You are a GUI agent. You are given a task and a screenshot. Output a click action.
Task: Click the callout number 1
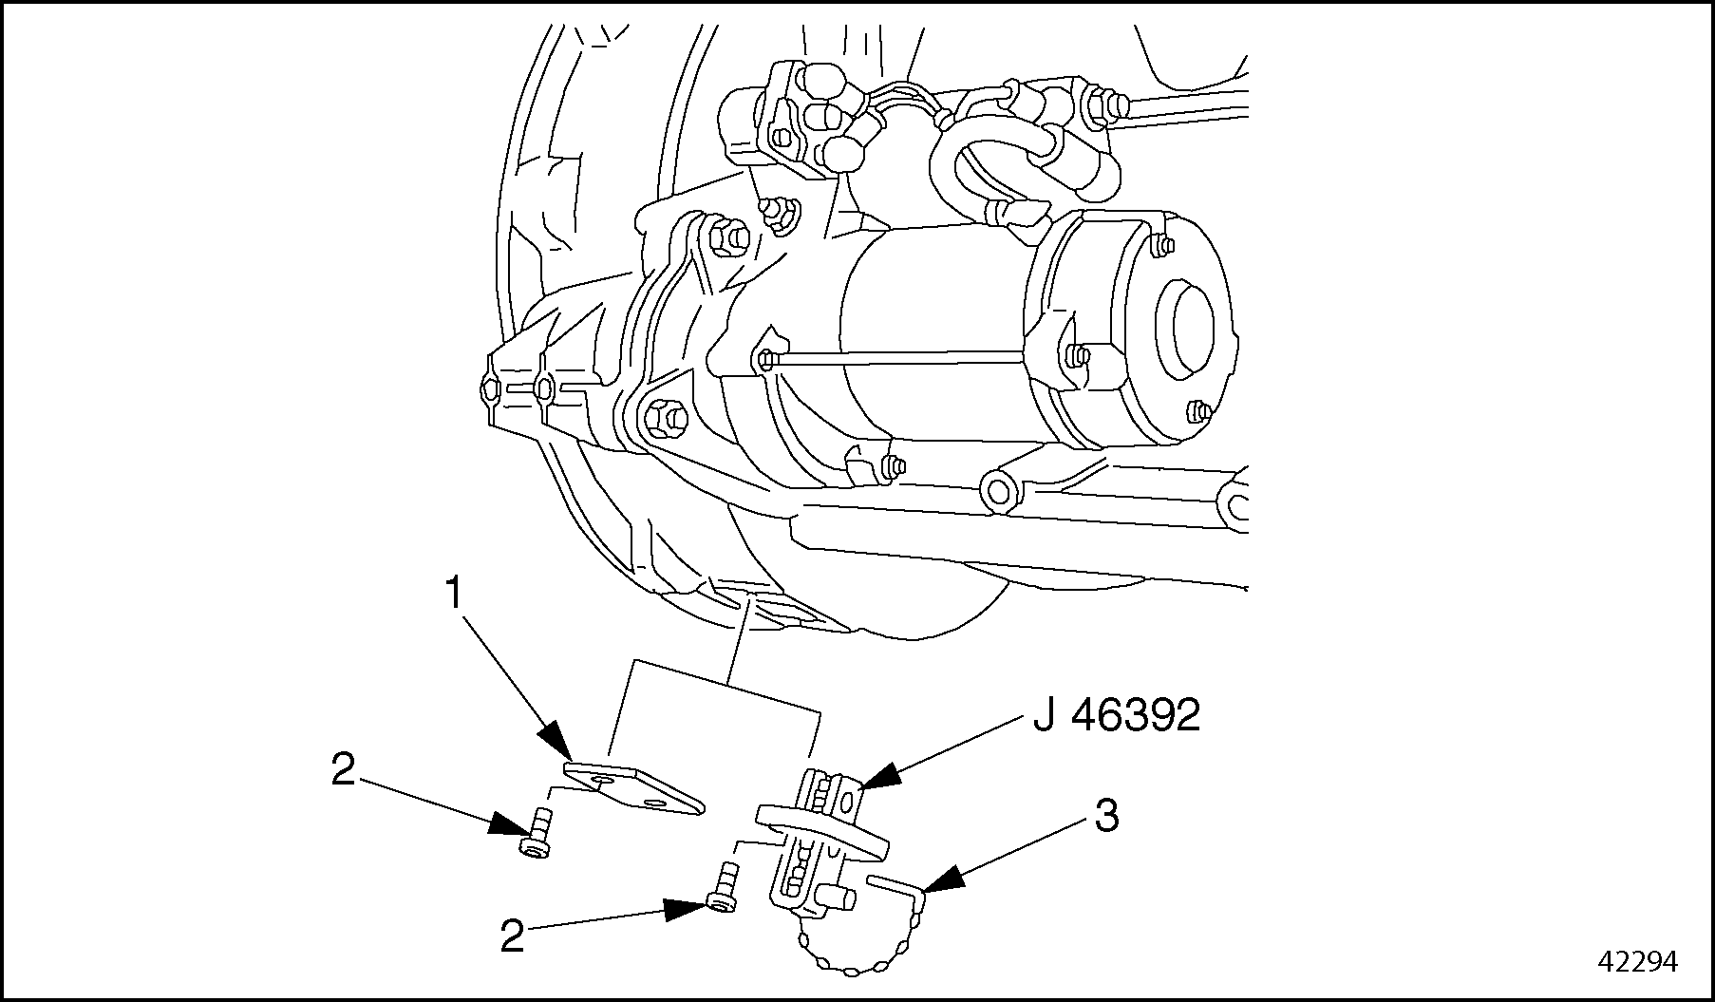click(x=454, y=594)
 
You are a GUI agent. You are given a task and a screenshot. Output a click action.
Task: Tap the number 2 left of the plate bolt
click(x=343, y=770)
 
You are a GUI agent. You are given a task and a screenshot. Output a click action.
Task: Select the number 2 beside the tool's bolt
click(x=512, y=937)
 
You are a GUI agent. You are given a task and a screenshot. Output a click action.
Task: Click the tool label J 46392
click(x=1116, y=717)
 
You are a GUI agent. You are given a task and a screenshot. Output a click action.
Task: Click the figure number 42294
click(x=1638, y=961)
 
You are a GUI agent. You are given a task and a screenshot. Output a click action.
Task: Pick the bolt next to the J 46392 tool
click(x=725, y=887)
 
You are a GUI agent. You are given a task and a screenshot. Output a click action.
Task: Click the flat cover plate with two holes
click(x=631, y=788)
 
